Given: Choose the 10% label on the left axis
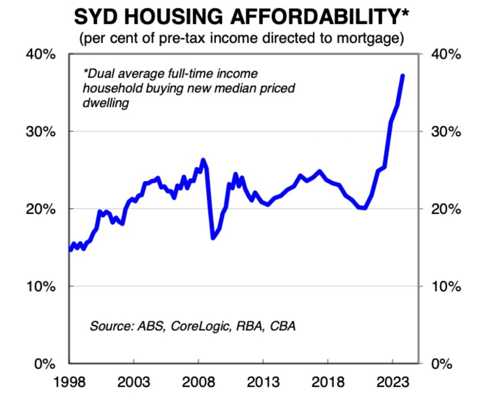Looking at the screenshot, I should point(41,286).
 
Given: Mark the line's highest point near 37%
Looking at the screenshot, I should point(402,76).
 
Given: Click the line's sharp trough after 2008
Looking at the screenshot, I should point(213,237).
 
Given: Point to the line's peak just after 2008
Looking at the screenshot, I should point(203,160).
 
